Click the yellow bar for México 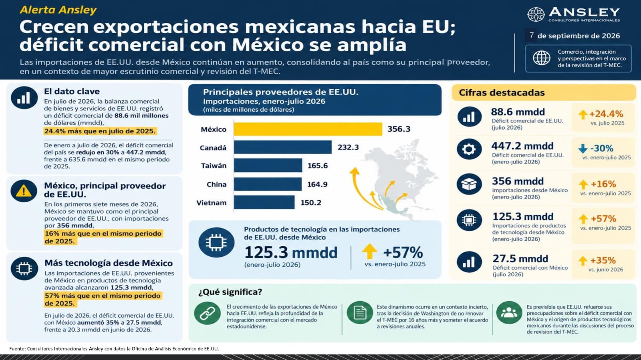pyautogui.click(x=308, y=129)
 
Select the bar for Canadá pyautogui.click(x=283, y=147)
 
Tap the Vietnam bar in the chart pyautogui.click(x=264, y=203)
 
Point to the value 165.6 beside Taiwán pyautogui.click(x=318, y=165)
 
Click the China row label pyautogui.click(x=217, y=185)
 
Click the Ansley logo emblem pyautogui.click(x=536, y=14)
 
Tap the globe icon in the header pyautogui.click(x=541, y=58)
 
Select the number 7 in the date pyautogui.click(x=531, y=35)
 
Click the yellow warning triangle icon pyautogui.click(x=24, y=191)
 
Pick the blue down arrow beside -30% pyautogui.click(x=583, y=149)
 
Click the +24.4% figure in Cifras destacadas pyautogui.click(x=607, y=114)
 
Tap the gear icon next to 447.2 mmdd pyautogui.click(x=469, y=149)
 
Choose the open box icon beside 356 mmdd pyautogui.click(x=469, y=184)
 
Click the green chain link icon pyautogui.click(x=208, y=314)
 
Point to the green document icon pyautogui.click(x=360, y=312)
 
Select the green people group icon pyautogui.click(x=509, y=312)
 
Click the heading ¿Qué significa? pyautogui.click(x=230, y=292)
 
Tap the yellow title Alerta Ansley pyautogui.click(x=58, y=10)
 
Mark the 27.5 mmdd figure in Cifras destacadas pyautogui.click(x=520, y=259)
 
